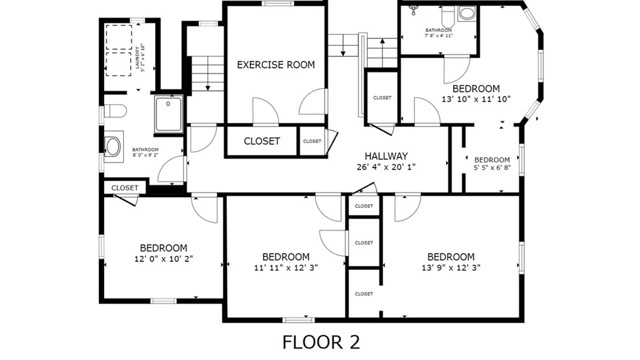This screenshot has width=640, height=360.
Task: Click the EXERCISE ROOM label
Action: point(276,65)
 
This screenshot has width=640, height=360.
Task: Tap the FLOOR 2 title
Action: point(321,342)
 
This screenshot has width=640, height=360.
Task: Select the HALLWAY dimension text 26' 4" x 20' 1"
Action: point(386,167)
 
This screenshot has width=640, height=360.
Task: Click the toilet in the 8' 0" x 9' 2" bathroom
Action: point(115,111)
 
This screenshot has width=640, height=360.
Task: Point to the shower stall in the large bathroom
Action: point(169,114)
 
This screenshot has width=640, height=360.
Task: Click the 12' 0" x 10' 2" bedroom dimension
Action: point(163,259)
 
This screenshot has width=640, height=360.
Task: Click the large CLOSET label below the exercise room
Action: point(262,141)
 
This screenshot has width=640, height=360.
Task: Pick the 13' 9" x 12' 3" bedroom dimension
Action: point(451,268)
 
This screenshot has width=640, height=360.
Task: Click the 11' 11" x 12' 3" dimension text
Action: point(286,268)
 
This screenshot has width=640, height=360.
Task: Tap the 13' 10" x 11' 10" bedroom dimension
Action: point(476,99)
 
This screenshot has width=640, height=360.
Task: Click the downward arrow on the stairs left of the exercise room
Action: point(208,87)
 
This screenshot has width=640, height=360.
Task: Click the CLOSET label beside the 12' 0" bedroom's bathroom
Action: point(125,188)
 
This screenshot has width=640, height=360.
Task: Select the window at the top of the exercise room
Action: point(278,4)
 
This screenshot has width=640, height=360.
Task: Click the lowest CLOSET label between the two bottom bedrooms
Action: point(364,294)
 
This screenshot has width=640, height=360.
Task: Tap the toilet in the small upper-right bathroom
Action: point(448,15)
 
